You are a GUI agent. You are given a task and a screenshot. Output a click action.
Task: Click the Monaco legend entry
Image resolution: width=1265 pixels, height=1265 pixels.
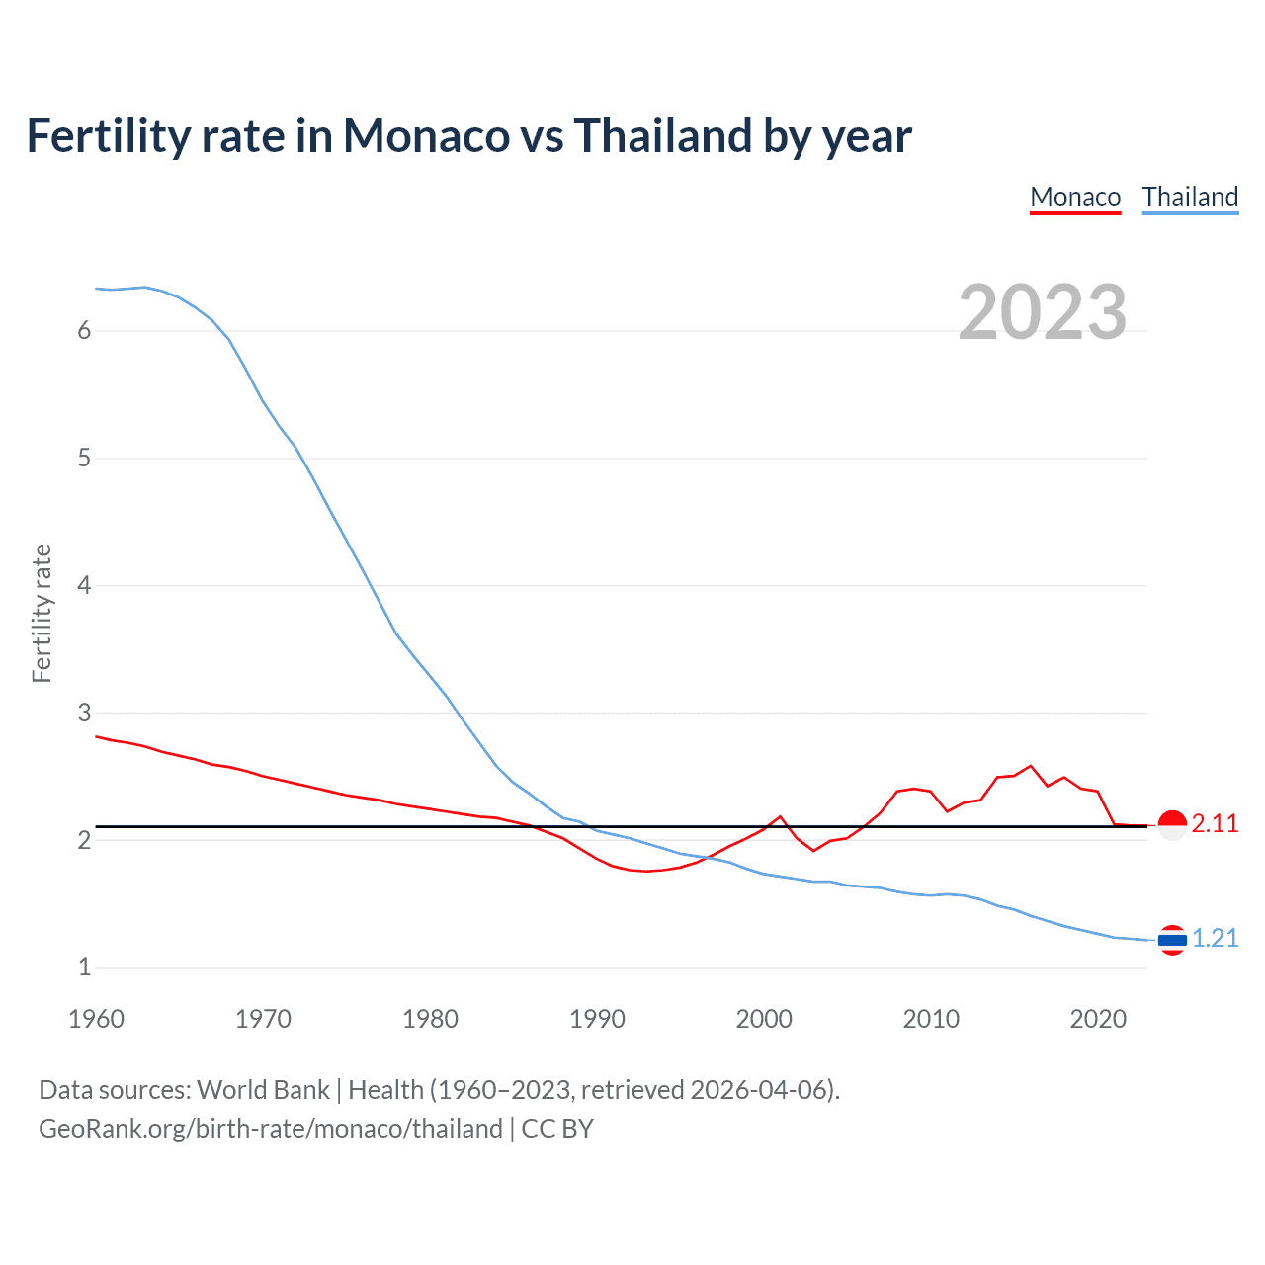pos(1075,197)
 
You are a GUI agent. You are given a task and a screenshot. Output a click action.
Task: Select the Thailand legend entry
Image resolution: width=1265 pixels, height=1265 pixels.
pos(1190,197)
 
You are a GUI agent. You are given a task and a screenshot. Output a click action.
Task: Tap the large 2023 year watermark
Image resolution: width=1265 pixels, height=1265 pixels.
pos(1042,312)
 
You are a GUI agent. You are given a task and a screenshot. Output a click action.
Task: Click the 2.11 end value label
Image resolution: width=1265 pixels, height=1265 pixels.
pos(1215,824)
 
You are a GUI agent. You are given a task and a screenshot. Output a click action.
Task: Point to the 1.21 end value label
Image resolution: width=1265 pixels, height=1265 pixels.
pos(1215,939)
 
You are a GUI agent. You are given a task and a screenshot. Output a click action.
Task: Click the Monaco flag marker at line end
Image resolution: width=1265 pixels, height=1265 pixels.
pos(1172,824)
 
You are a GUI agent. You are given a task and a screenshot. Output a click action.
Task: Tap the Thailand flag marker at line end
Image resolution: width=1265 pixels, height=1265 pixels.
pos(1172,940)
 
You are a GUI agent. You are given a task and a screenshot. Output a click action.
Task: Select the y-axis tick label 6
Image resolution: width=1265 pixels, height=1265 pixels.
pos(84,331)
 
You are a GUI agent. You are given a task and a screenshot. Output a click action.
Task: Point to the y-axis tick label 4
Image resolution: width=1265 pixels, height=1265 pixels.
pos(84,586)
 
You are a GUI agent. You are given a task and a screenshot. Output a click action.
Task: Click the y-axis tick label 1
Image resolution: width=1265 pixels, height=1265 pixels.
pos(84,968)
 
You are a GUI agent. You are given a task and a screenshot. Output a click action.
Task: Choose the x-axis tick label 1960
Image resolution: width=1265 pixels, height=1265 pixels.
pos(96,1019)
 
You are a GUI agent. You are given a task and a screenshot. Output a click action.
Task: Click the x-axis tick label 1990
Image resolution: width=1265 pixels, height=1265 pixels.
pos(597,1019)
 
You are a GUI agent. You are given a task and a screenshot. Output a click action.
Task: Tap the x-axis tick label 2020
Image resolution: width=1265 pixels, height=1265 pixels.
pos(1098,1019)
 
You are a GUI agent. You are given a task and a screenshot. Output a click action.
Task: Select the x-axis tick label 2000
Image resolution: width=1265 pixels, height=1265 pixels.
pos(764,1019)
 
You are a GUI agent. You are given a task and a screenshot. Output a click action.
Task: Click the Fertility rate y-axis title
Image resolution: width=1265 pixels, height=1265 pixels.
pos(42,613)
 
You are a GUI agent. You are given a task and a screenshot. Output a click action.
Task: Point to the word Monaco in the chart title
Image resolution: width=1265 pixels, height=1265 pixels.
pos(426,135)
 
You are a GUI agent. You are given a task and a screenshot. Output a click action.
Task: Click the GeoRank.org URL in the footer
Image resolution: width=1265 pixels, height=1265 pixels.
pos(270,1129)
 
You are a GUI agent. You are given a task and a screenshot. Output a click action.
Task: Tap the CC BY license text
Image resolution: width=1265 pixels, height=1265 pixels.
pos(557,1129)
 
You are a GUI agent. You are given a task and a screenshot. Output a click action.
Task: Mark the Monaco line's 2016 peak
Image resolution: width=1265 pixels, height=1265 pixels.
pos(1031,766)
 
